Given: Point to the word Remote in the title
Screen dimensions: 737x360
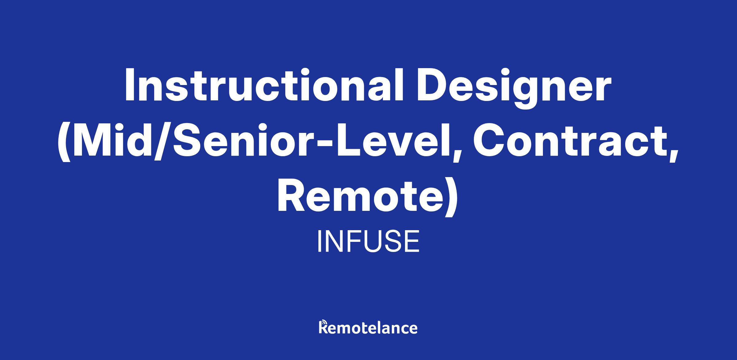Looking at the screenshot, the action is click(x=358, y=197).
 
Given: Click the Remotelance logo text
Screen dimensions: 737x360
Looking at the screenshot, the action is click(x=368, y=327).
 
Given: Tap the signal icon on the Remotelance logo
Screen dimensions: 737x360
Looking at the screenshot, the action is click(x=323, y=323).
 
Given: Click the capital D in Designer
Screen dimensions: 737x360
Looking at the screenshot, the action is click(x=433, y=85).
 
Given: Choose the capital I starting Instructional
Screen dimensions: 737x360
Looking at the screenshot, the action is click(x=129, y=85).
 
